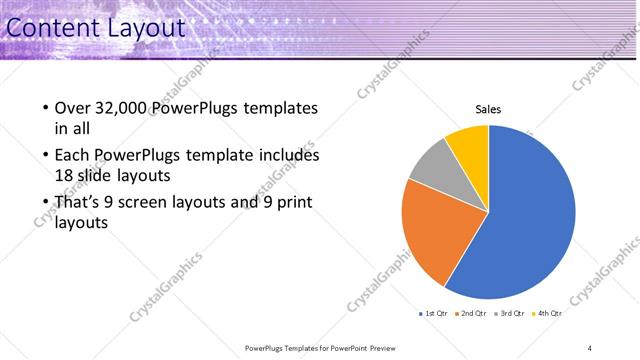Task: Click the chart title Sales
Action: (x=488, y=110)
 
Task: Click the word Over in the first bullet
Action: (x=74, y=108)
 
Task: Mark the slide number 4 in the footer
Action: (x=590, y=348)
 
